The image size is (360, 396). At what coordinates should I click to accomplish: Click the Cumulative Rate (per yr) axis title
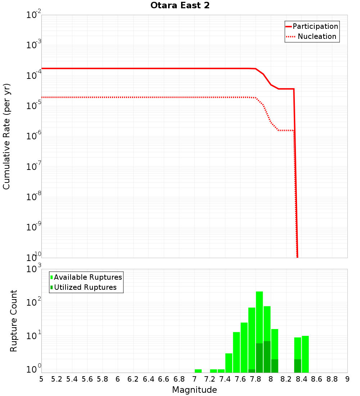(6, 136)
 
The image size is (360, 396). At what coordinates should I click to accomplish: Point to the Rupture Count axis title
(14, 320)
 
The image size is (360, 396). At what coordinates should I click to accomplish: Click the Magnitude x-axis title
(194, 390)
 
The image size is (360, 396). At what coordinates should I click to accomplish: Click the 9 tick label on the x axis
(347, 379)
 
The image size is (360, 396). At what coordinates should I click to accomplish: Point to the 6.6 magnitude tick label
(163, 379)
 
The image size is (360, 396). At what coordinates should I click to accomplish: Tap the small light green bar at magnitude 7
(198, 371)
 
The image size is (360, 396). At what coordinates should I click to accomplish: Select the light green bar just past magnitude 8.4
(305, 354)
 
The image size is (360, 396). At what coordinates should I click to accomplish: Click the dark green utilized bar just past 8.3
(297, 366)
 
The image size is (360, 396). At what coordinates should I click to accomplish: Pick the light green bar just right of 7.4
(229, 363)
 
